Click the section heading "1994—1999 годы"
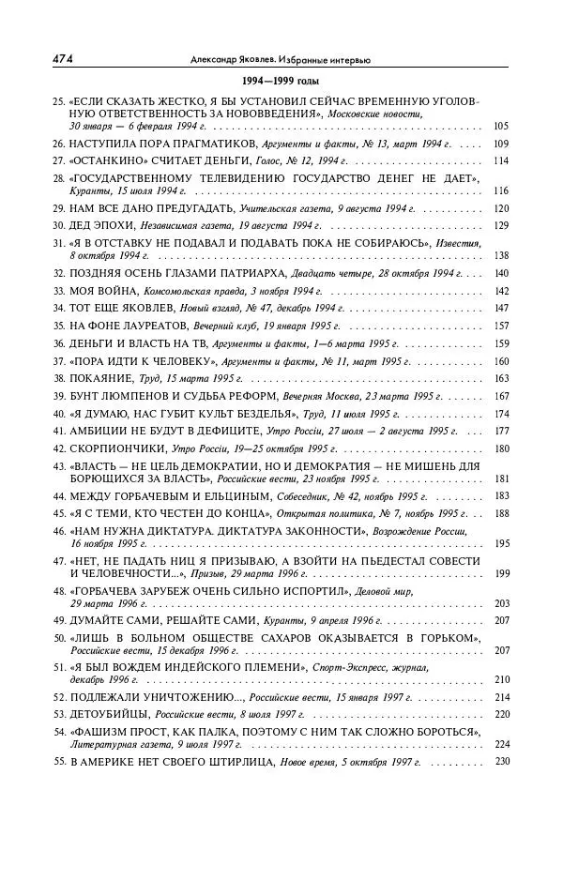[x=280, y=82]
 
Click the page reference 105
[x=500, y=126]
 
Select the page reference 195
[x=500, y=543]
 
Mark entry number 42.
[x=58, y=448]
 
